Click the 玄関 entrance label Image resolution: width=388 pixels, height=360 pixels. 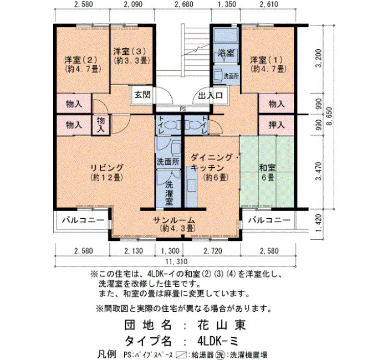click(142, 95)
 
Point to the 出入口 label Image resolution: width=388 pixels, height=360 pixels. click(211, 95)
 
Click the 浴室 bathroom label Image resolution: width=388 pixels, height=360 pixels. click(226, 53)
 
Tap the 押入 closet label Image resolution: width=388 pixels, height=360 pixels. click(277, 125)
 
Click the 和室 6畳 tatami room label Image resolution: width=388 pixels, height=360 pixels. click(267, 172)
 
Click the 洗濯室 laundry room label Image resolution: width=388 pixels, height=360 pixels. click(169, 193)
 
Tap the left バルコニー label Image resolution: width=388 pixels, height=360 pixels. click(83, 220)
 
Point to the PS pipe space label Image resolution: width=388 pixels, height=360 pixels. click(183, 109)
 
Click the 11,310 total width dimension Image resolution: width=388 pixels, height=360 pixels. click(176, 261)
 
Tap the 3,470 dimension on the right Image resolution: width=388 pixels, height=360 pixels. click(319, 171)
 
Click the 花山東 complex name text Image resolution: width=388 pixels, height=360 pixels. click(222, 325)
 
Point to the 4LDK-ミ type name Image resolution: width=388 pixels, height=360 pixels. click(218, 342)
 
